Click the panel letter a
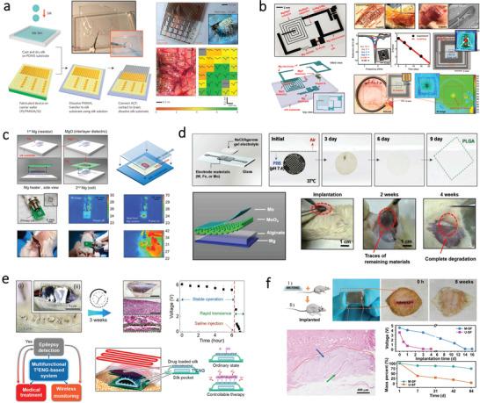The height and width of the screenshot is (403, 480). (7, 8)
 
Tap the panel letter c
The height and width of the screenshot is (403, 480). (6, 135)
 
